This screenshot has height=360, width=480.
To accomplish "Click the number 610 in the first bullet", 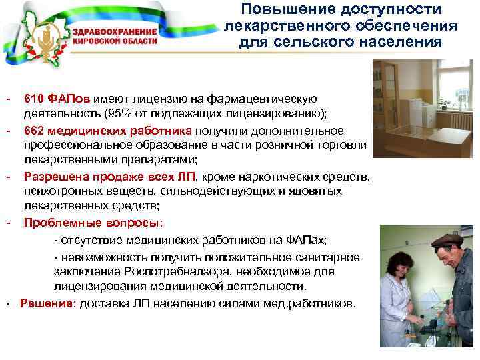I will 34,99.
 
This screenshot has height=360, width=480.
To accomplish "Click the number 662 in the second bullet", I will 34,130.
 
